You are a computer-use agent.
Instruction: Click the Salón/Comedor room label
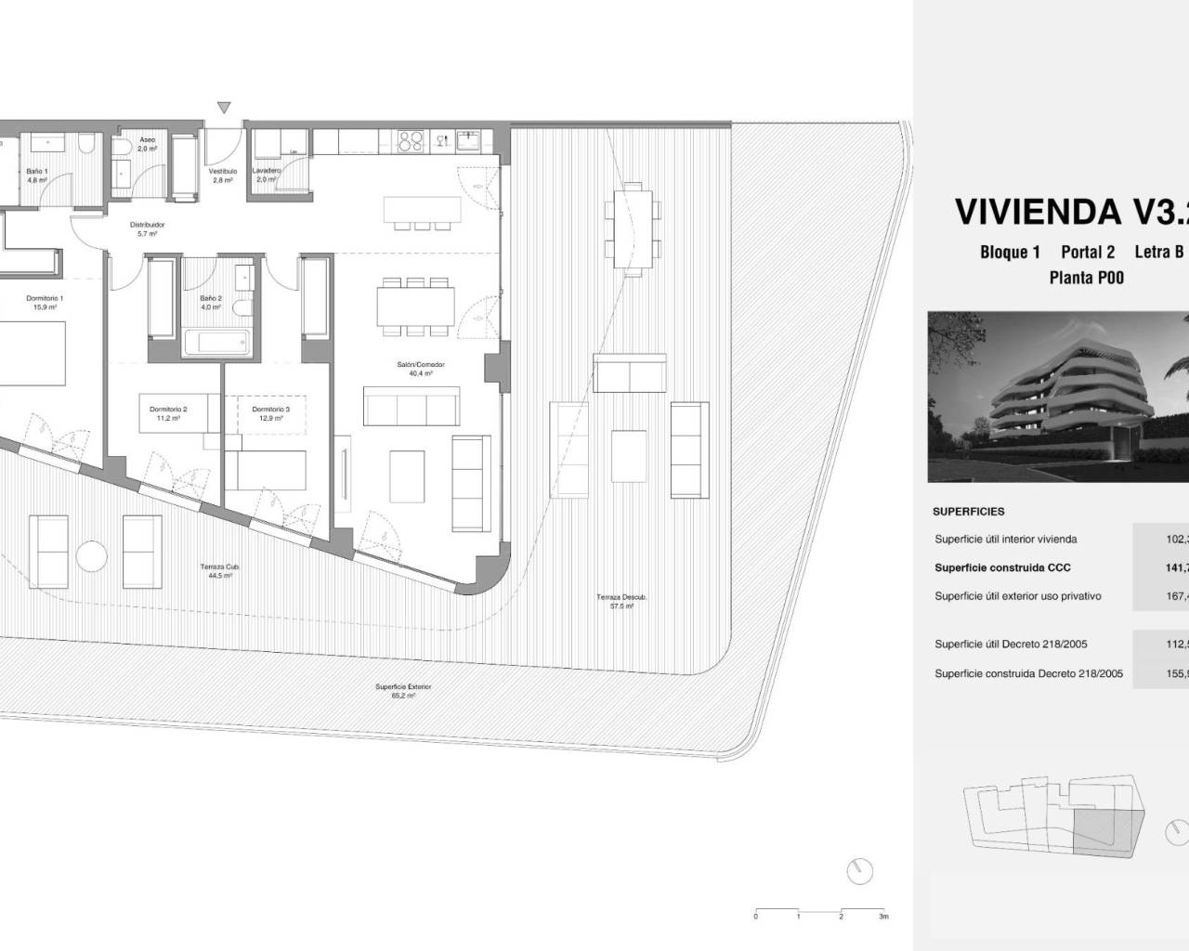421,365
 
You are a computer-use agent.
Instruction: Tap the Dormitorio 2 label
168,409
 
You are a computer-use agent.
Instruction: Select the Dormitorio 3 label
270,409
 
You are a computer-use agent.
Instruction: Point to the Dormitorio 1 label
44,298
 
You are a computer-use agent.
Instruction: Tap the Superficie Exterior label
403,687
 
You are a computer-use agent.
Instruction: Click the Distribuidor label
147,225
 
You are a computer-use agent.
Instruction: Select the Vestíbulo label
223,172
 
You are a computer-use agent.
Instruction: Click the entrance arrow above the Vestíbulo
224,108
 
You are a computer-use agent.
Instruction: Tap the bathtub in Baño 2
218,342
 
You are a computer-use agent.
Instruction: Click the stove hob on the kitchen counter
411,141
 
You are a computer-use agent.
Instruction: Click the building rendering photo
1058,397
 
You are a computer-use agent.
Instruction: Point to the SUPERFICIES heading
969,512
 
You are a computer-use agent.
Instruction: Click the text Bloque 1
1010,253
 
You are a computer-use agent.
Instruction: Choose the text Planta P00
1086,278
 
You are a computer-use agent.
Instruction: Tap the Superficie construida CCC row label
1002,567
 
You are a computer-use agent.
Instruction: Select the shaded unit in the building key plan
1103,830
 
